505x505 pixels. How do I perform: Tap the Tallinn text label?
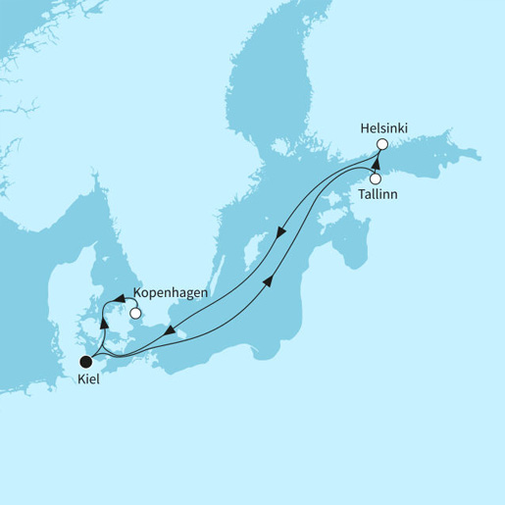point(387,194)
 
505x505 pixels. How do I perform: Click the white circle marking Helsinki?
point(383,145)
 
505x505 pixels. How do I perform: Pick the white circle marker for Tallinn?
point(375,177)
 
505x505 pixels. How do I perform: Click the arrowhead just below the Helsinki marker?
point(376,160)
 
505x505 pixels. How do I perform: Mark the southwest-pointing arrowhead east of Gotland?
point(281,233)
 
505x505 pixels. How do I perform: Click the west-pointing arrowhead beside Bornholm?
point(172,332)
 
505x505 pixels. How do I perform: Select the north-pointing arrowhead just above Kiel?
point(103,328)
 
